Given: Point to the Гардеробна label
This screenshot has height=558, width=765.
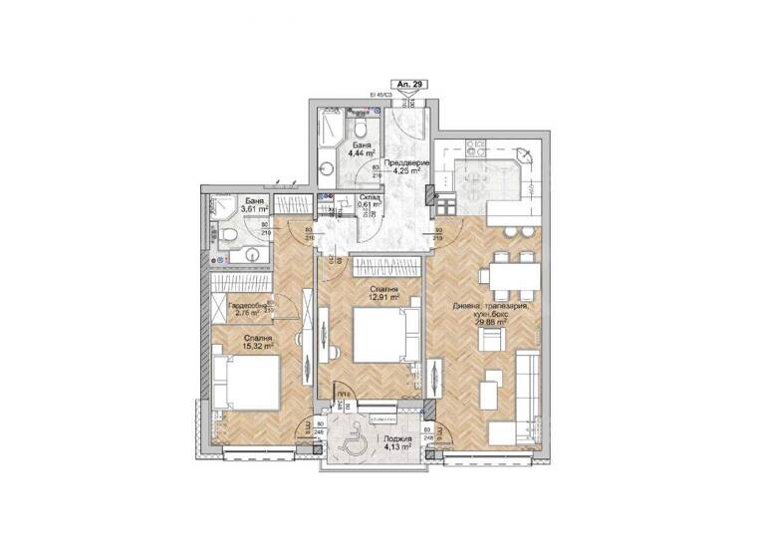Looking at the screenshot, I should [x=246, y=305].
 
